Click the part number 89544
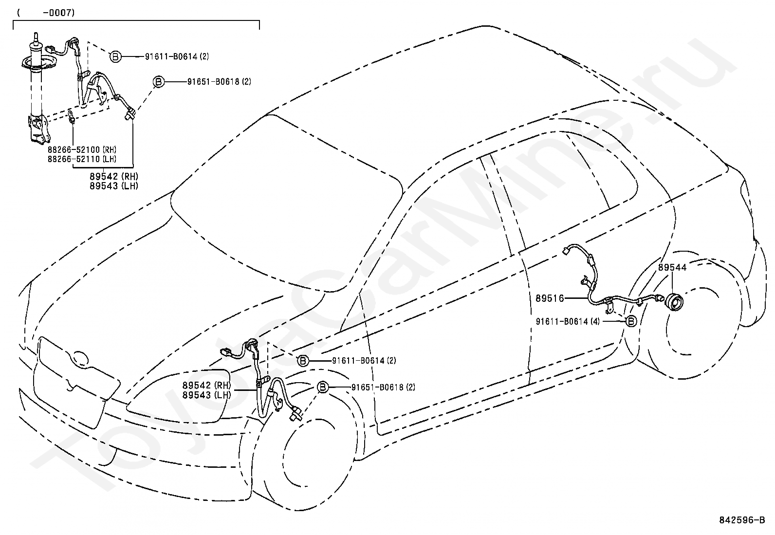672,267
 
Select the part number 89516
550,298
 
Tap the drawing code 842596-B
742,520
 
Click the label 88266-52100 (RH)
82,149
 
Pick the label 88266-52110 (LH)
82,159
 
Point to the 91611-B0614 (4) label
568,321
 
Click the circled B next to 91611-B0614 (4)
631,321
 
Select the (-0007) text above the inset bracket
46,13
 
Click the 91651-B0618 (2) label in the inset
220,82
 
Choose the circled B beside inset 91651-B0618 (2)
159,82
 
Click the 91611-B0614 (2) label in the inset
177,56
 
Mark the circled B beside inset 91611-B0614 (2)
115,56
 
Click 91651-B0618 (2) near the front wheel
383,387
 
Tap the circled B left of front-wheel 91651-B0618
322,387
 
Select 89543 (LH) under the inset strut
114,186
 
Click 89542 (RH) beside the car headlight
206,385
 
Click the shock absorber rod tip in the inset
35,34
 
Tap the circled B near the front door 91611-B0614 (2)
303,361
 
